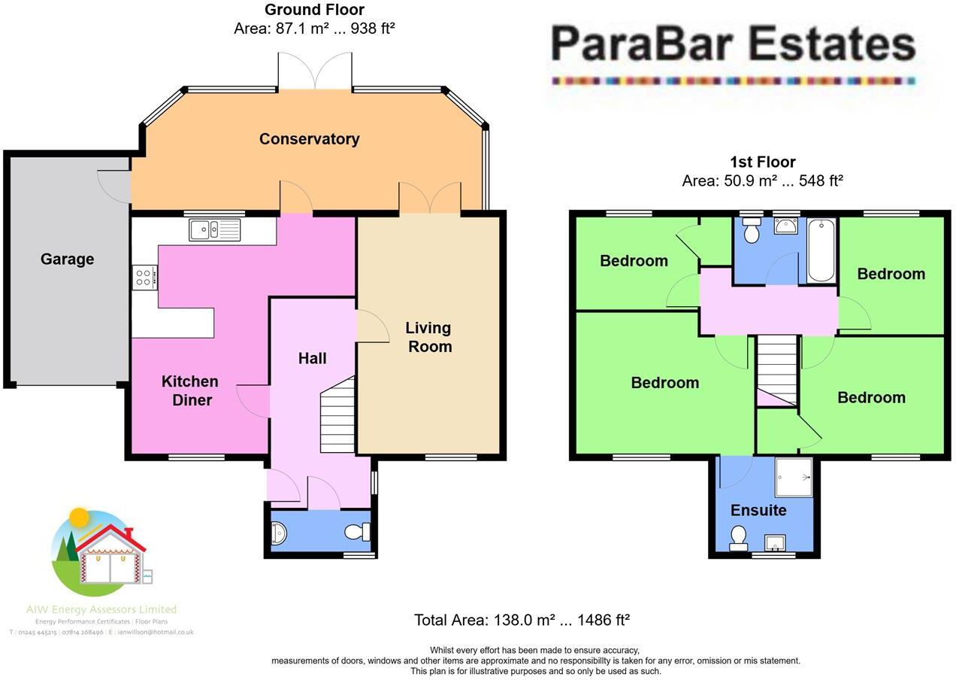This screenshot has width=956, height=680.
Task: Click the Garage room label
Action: (x=67, y=260)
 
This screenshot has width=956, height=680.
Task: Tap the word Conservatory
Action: (x=309, y=139)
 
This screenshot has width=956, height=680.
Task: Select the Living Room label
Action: (x=429, y=337)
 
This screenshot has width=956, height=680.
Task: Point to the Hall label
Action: (x=312, y=358)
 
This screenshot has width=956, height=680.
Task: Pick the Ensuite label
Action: (x=758, y=510)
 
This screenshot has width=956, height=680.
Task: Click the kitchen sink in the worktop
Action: (x=215, y=229)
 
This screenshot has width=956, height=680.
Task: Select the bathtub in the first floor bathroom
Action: (x=821, y=250)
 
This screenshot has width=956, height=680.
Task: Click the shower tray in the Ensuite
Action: (x=794, y=477)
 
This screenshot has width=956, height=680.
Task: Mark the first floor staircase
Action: (x=776, y=370)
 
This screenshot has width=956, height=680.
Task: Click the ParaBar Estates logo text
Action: (x=733, y=45)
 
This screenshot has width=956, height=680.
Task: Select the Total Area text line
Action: (x=522, y=620)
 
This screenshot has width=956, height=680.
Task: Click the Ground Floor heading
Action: (x=314, y=10)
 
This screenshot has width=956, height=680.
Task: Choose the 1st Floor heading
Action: (x=762, y=162)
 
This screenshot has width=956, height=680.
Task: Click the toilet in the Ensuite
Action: (x=738, y=536)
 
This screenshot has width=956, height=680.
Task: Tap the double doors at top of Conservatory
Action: (x=315, y=71)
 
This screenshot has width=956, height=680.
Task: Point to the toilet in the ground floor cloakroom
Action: (x=357, y=532)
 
